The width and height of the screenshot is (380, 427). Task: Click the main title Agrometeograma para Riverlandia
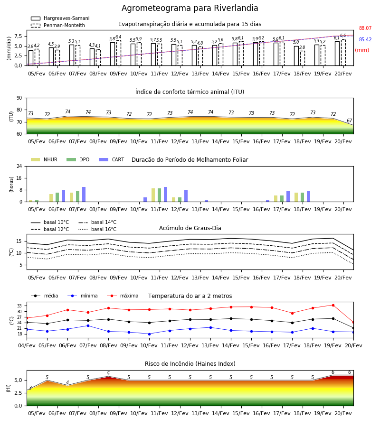point(190,8)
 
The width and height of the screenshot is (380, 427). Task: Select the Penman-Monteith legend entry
point(58,25)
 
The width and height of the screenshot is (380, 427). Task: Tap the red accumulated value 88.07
point(365,28)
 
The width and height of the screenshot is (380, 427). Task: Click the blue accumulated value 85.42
point(365,39)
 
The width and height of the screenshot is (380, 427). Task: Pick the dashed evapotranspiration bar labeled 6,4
point(119,53)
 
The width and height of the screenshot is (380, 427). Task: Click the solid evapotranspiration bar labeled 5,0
point(296,56)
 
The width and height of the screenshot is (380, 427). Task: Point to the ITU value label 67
point(349,121)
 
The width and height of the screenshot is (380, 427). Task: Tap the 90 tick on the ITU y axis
point(19,98)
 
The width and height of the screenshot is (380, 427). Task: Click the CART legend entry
point(112,159)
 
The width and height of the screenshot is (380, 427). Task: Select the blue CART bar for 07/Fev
point(84,195)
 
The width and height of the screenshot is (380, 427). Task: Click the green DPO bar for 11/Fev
point(160,195)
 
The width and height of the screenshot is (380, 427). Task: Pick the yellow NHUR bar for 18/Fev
point(296,197)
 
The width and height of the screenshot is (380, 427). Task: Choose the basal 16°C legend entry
point(97,229)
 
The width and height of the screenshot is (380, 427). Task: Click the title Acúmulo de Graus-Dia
point(190,228)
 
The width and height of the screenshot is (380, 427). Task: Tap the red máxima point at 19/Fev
point(333,305)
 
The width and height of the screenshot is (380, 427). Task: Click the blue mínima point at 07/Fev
point(88,325)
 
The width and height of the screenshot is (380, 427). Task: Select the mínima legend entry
point(83,296)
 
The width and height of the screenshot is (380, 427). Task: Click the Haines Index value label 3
point(30,388)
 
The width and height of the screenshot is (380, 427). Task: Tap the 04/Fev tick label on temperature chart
point(27,345)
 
